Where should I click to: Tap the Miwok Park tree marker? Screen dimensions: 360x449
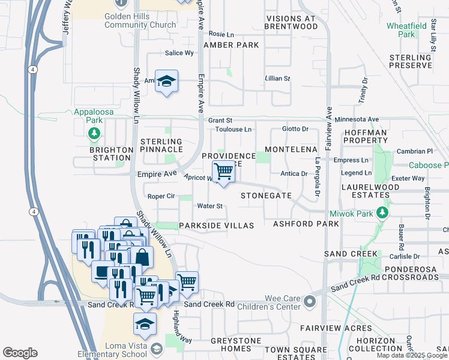tap(381, 213)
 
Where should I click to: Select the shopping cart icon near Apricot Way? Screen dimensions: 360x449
tap(224, 172)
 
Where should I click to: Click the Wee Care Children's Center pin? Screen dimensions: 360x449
tap(309, 300)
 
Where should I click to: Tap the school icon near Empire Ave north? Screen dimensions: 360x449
tap(166, 82)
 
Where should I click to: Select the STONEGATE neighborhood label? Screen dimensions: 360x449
tap(266, 196)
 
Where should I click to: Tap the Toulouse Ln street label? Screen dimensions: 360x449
tap(234, 129)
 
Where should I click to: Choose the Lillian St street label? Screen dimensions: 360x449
tap(277, 79)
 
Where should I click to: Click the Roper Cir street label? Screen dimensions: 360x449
tap(161, 196)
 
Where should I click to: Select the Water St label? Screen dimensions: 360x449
tap(210, 206)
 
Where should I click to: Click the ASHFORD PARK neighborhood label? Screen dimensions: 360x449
tap(306, 224)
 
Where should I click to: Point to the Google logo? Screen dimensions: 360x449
tap(20, 353)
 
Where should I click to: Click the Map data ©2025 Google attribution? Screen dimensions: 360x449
tap(412, 355)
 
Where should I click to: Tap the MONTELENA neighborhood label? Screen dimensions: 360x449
tap(290, 148)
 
